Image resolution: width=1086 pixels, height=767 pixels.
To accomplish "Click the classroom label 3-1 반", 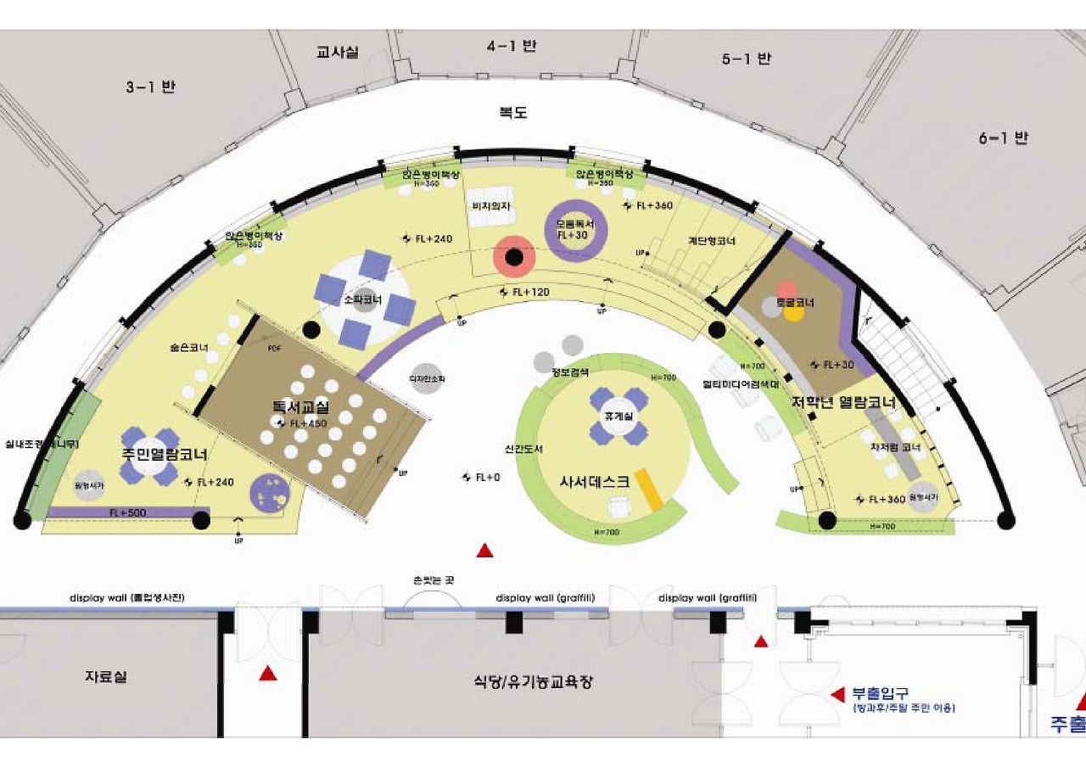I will click(x=151, y=87).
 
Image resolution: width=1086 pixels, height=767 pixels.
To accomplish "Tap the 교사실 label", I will click(x=338, y=53).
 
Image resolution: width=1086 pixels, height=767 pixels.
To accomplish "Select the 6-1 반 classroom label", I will click(x=1003, y=137).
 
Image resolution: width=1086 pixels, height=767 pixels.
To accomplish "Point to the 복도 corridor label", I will click(x=514, y=112).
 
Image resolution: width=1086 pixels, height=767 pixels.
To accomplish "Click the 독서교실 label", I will click(x=300, y=407).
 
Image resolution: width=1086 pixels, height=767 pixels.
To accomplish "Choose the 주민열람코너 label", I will click(x=165, y=454).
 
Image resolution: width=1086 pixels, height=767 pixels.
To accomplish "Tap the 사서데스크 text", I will click(x=594, y=480).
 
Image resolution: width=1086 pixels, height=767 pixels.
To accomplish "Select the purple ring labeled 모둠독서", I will click(x=576, y=230).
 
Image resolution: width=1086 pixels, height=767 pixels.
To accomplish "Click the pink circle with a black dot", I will click(x=514, y=256).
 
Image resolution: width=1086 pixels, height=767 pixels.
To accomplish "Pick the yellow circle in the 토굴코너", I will click(x=794, y=313).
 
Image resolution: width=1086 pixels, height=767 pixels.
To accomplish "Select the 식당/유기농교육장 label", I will click(x=533, y=681).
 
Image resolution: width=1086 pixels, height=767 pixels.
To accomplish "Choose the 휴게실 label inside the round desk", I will click(x=614, y=417).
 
